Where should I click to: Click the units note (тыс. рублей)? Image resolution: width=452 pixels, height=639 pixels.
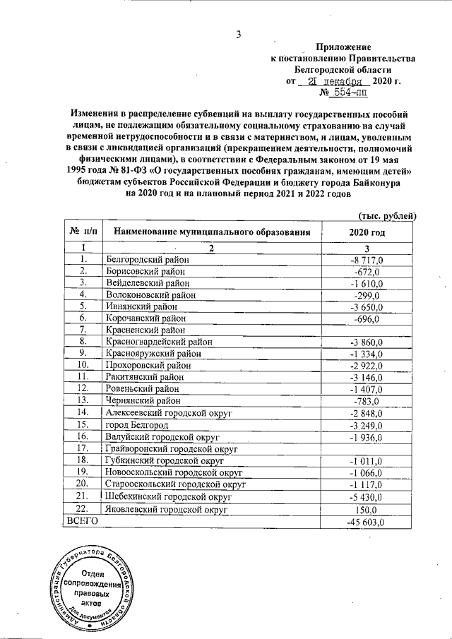pyautogui.click(x=387, y=215)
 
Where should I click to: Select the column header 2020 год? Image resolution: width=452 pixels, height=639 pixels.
pyautogui.click(x=367, y=232)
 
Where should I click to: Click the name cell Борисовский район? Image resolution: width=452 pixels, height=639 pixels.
pyautogui.click(x=145, y=271)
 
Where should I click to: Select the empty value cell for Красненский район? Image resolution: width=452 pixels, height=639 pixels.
pyautogui.click(x=367, y=330)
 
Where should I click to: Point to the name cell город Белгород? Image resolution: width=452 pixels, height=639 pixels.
pyautogui.click(x=138, y=426)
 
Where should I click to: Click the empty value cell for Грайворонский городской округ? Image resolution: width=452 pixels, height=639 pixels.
pyautogui.click(x=367, y=449)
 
